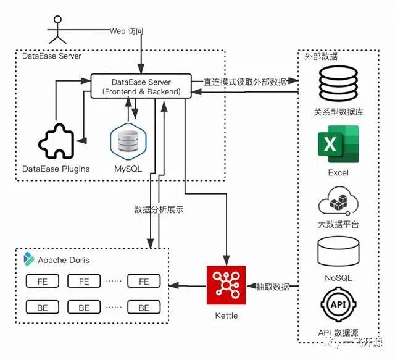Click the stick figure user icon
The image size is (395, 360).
(57, 30)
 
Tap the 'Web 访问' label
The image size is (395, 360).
(126, 30)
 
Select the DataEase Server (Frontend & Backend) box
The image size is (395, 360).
(141, 86)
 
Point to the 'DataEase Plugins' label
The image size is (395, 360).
(56, 169)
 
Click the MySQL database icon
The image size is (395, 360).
(128, 140)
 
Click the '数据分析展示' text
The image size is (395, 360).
(159, 209)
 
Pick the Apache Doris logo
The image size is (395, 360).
(28, 259)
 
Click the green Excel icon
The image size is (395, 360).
(338, 144)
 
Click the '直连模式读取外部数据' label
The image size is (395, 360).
(245, 81)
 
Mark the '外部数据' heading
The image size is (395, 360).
(321, 56)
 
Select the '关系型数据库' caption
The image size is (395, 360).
(338, 113)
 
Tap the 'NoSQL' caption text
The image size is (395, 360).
(338, 278)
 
